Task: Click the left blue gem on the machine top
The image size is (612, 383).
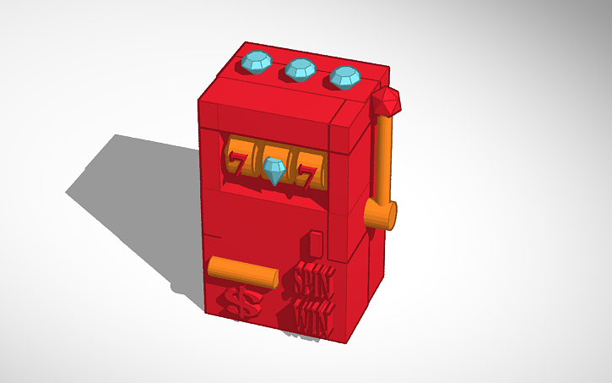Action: [256, 62]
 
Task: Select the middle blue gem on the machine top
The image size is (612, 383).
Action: [300, 68]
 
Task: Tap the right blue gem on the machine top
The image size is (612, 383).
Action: [344, 76]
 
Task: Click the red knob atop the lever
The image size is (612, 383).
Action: [387, 102]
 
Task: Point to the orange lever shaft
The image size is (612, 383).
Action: [384, 161]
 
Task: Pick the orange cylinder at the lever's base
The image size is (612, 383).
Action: [381, 216]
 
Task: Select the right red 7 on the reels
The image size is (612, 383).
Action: [310, 174]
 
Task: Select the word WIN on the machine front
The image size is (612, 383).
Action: [313, 317]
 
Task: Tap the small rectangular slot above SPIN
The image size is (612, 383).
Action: [316, 243]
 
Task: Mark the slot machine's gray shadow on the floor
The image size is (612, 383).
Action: [135, 203]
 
